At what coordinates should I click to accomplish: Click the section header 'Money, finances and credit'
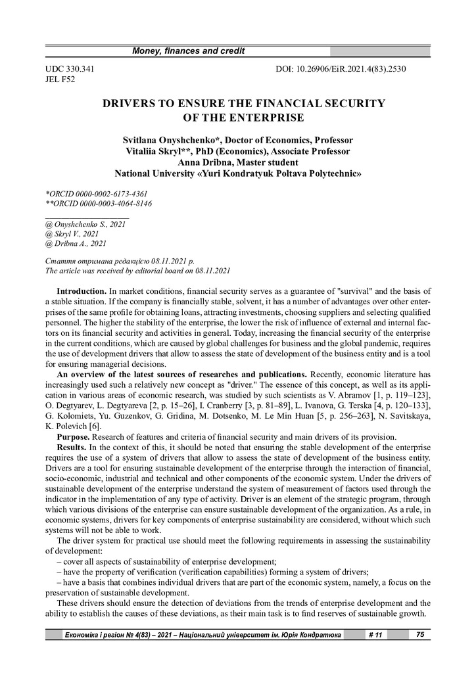pos(189,51)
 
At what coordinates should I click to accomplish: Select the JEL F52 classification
pos(60,80)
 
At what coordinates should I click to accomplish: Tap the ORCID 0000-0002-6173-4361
pos(97,194)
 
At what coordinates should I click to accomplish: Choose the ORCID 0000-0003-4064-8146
pos(98,204)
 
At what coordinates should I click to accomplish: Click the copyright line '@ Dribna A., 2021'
pos(75,243)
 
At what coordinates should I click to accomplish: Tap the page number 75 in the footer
pos(419,634)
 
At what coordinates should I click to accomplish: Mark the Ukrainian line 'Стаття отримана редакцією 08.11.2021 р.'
pos(118,261)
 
